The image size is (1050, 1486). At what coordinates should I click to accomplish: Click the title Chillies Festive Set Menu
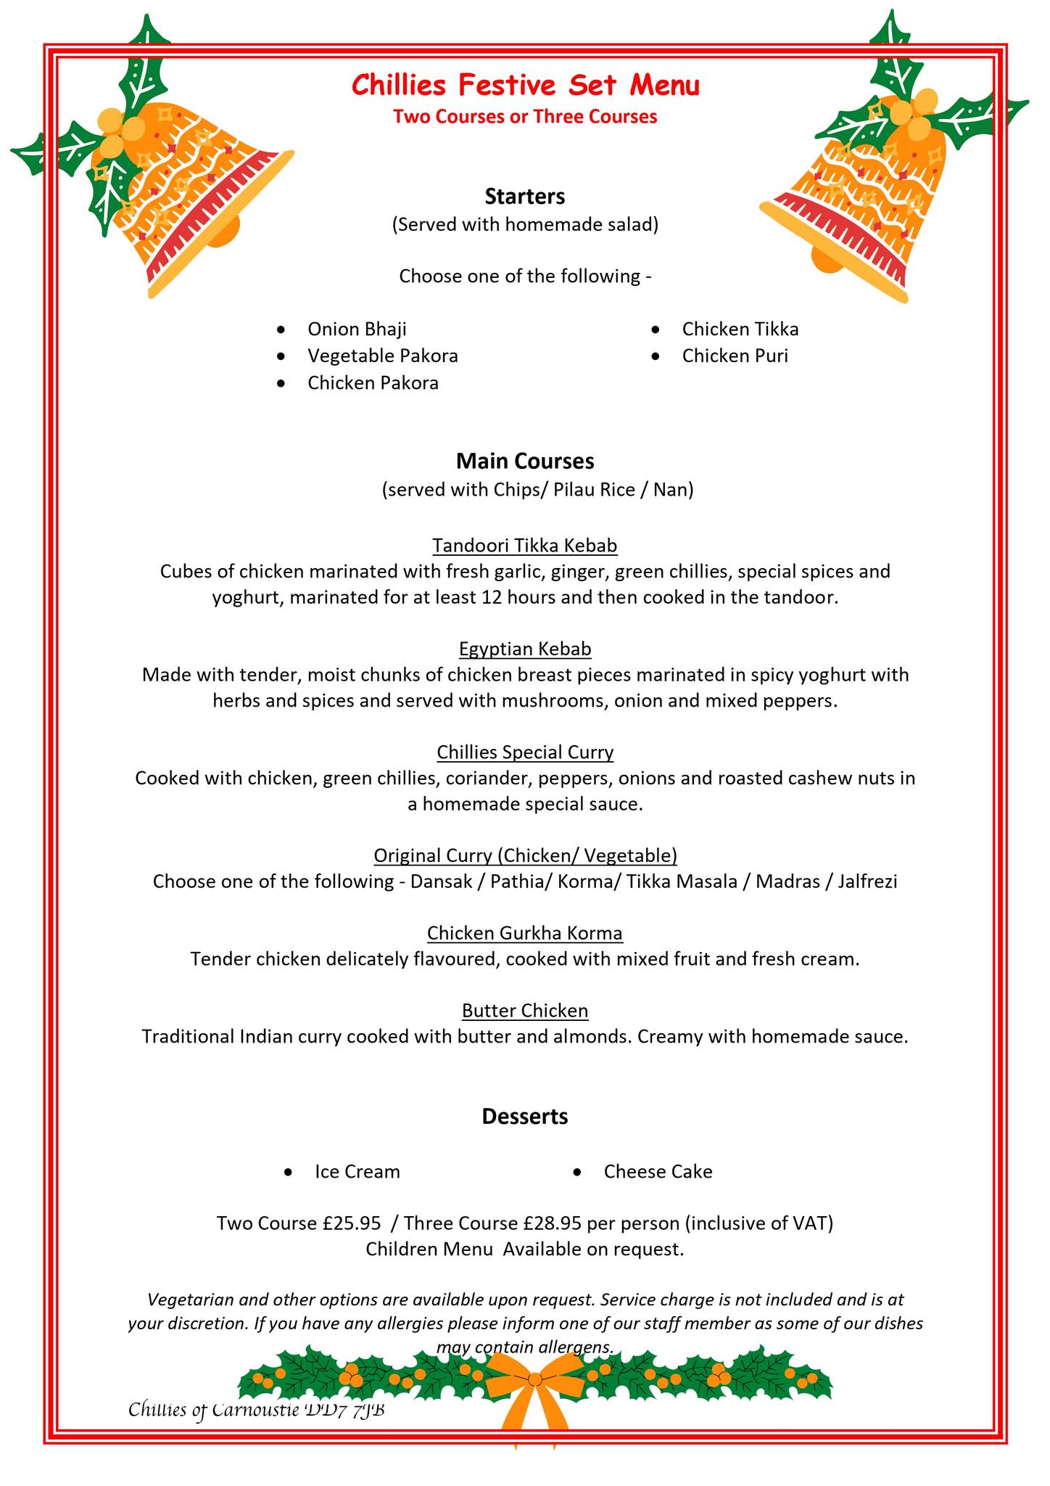[525, 86]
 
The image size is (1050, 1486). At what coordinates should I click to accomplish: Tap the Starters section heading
[525, 197]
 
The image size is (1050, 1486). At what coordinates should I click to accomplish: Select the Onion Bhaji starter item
[357, 329]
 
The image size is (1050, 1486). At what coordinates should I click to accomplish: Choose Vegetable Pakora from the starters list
[382, 356]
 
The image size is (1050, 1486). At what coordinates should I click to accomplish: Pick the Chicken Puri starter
[735, 356]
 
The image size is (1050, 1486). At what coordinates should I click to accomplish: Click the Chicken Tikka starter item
[740, 329]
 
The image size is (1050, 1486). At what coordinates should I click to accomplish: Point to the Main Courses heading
[525, 461]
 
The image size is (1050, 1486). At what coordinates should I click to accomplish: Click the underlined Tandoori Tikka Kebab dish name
[525, 546]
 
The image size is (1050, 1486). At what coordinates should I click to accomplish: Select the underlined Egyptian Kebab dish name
[525, 649]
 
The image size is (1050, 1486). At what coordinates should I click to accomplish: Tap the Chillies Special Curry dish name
[525, 752]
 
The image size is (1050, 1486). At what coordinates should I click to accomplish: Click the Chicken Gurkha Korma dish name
[525, 933]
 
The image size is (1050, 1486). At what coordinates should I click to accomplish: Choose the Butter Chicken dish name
[525, 1011]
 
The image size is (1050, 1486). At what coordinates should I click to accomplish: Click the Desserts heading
[525, 1117]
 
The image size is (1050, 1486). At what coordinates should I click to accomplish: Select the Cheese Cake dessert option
[658, 1172]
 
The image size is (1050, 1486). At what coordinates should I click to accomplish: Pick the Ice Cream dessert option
[357, 1172]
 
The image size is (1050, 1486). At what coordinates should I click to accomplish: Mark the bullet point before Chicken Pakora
[281, 384]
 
